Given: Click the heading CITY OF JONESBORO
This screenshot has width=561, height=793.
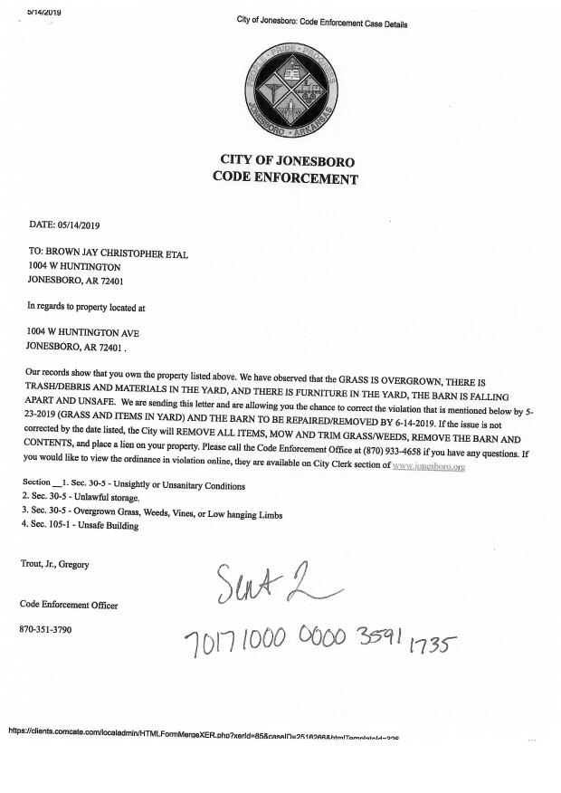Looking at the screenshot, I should [x=287, y=161].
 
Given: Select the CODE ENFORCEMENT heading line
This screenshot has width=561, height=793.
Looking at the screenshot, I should [x=285, y=178].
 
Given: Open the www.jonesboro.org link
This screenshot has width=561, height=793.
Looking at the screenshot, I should [x=429, y=465].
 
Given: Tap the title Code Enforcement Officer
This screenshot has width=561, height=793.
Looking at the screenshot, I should [x=69, y=604].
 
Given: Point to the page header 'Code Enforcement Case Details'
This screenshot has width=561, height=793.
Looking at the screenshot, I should [x=321, y=23].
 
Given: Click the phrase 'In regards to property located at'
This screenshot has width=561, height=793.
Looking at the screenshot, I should [x=87, y=307].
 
